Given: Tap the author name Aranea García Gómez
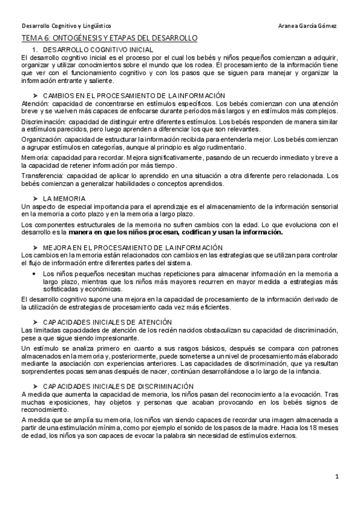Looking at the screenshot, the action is [x=308, y=26].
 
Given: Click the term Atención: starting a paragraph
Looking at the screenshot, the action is [x=34, y=103].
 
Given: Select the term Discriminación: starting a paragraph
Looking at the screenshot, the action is [x=44, y=121].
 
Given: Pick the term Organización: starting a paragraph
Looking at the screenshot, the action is [x=43, y=139].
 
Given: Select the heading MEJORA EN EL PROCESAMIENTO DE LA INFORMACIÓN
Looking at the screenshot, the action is [x=133, y=247].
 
